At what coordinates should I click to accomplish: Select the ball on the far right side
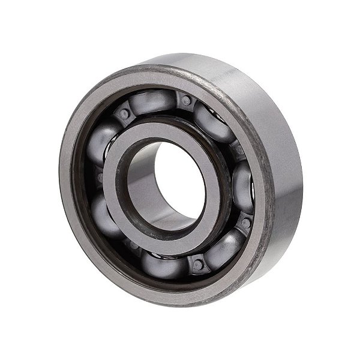[242, 185]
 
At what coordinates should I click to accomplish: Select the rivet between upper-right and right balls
[238, 150]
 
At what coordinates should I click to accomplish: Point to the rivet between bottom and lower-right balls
[198, 264]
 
